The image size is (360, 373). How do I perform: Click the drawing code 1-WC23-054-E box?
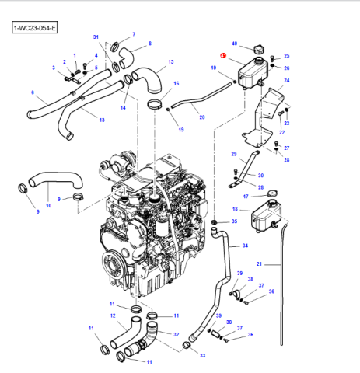pos(34,27)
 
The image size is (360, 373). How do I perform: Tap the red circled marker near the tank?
pos(223,56)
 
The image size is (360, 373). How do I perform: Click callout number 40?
pos(234,44)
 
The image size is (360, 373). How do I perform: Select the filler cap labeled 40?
pos(259,49)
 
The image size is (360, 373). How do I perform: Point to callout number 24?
pos(287,80)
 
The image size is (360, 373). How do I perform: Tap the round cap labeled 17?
pos(272,193)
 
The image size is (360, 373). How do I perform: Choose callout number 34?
pos(245,246)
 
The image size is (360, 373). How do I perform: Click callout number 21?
pos(259,264)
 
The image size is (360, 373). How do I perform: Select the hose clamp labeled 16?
pos(155,105)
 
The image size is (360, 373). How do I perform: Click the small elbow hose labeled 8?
pos(126,58)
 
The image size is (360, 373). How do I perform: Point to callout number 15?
pos(171,62)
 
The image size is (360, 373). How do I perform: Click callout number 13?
pos(102,120)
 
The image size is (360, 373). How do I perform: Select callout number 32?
pos(177,335)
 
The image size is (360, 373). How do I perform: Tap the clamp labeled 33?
pos(187,345)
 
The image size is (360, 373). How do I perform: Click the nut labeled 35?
pos(215,221)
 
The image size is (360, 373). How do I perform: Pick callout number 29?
pos(234,154)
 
